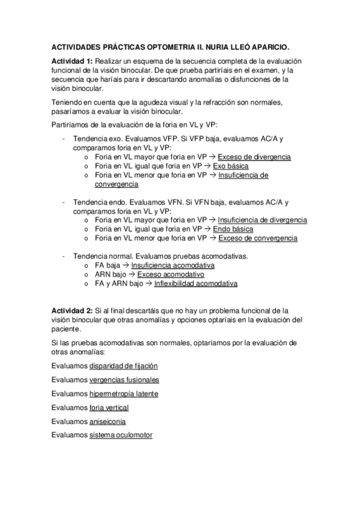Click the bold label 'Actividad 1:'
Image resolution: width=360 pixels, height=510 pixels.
72,62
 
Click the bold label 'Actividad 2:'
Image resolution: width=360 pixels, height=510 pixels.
72,311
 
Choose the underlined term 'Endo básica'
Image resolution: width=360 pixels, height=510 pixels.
234,229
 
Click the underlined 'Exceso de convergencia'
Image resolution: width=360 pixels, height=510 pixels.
257,238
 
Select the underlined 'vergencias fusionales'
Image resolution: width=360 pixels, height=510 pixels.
124,379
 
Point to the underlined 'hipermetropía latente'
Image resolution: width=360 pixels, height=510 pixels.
124,394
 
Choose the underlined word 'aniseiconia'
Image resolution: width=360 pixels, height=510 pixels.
108,422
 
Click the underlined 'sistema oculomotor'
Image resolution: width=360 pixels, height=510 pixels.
120,436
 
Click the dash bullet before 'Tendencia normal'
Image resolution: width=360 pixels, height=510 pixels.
64,256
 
